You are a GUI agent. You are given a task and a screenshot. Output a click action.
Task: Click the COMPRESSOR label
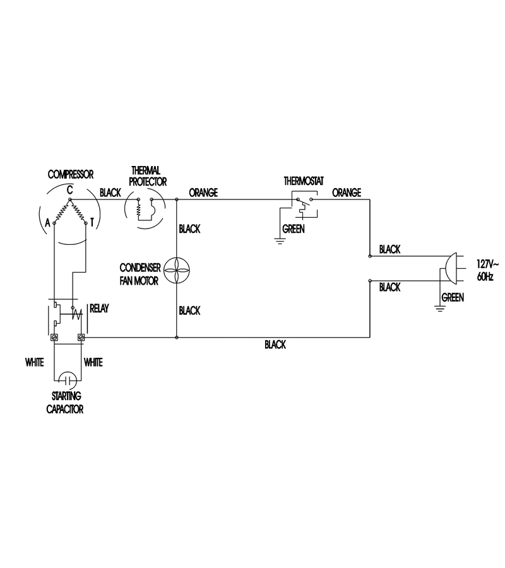coord(71,175)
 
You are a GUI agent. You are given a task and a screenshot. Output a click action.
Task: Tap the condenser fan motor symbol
coord(177,269)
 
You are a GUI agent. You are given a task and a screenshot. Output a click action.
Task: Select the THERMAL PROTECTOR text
coord(148,176)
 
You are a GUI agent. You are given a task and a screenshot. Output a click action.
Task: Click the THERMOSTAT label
coord(304,180)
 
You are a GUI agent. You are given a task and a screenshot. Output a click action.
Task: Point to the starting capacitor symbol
coord(68,381)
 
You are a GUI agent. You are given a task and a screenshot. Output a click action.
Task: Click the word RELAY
coord(99,309)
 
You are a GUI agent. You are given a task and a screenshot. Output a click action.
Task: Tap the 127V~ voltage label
coord(487,264)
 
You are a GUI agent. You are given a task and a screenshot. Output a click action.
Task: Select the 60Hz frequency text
coord(485,277)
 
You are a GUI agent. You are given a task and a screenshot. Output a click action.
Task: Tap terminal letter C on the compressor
coord(69,190)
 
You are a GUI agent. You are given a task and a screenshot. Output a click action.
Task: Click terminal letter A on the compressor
coord(47,223)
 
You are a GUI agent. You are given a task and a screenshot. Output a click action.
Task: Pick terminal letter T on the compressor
coord(92,222)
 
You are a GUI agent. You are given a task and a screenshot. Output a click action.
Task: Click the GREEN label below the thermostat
coord(294,229)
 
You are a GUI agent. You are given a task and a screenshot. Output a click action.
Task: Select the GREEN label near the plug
coord(453,297)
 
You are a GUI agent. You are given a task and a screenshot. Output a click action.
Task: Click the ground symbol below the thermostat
coord(280,241)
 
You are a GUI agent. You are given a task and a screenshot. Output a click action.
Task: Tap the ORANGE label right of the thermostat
coord(347,192)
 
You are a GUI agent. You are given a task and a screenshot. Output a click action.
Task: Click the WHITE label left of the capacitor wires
coord(35,362)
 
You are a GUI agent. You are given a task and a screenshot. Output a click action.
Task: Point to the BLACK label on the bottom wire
coord(275,345)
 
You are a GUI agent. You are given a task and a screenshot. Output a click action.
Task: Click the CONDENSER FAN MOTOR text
coord(140,275)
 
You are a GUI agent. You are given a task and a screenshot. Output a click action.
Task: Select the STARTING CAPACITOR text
coord(65,403)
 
